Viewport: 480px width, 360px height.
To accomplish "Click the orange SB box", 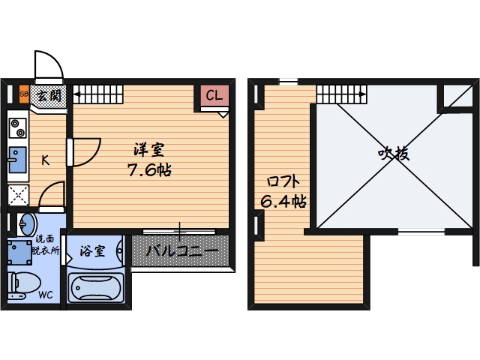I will [24, 95].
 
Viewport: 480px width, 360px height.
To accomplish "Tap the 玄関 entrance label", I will [49, 95].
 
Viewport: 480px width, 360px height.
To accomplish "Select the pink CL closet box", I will [214, 96].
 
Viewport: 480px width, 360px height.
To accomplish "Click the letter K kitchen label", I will [45, 160].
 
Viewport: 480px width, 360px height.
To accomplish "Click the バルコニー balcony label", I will [181, 251].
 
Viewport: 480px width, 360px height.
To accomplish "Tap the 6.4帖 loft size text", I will [283, 201].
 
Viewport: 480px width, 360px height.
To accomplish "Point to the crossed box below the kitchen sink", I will [17, 195].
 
